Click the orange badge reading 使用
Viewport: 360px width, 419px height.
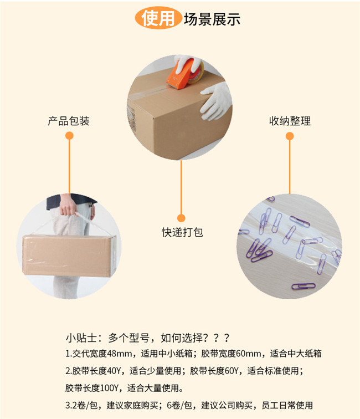pos(158,18)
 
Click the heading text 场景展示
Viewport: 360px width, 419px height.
pos(212,19)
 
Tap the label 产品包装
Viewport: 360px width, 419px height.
pos(69,121)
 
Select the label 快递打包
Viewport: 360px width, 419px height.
pos(182,232)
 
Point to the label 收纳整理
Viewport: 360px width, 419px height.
pos(290,121)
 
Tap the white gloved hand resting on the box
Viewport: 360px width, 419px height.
pos(216,101)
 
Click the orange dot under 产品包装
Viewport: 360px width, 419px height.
pos(69,136)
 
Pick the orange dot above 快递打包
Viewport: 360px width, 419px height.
pos(181,218)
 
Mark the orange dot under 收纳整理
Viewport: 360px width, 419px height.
pos(290,136)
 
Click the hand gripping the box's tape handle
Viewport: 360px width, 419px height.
pos(68,206)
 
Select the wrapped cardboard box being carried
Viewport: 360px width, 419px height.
pos(69,256)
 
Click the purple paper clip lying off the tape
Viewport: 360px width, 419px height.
pos(304,286)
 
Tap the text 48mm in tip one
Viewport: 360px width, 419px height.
pos(119,354)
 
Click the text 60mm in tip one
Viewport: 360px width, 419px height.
pos(248,354)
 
